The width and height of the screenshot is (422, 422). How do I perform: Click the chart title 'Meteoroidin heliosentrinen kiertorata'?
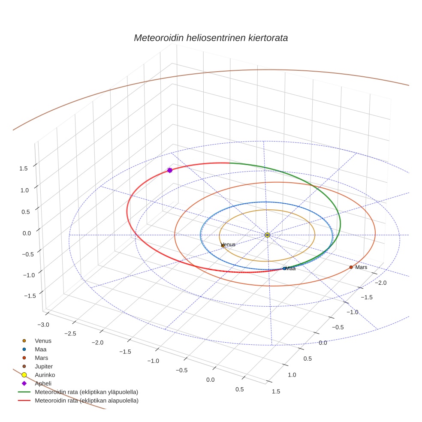pos(211,38)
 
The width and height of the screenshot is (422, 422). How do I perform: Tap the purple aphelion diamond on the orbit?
pos(170,170)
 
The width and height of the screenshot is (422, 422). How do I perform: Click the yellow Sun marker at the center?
pos(267,235)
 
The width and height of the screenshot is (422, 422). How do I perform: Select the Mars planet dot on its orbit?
pos(351,267)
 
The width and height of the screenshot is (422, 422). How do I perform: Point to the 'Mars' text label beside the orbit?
pos(361,267)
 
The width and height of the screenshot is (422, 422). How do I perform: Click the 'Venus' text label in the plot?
pos(228,244)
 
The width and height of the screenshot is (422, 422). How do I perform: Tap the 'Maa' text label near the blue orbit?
pos(291,268)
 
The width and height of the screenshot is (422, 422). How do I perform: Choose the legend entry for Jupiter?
pos(44,366)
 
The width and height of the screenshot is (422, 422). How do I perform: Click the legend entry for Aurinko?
pos(45,375)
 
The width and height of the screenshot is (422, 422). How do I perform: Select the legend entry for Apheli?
pos(43,383)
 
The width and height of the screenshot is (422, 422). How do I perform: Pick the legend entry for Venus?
pos(43,341)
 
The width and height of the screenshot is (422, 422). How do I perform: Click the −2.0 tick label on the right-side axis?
pos(380,283)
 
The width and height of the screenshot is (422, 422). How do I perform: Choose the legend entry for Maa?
pos(41,350)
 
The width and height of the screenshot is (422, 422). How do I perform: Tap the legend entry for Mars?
pos(41,358)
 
